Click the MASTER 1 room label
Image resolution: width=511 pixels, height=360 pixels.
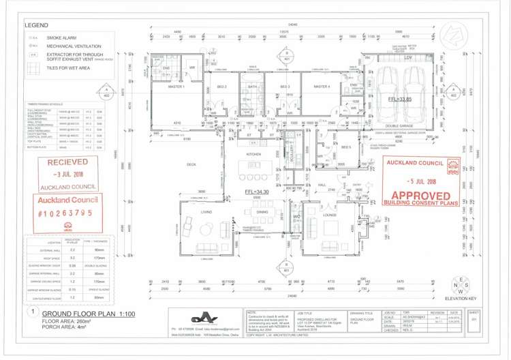pos(176,87)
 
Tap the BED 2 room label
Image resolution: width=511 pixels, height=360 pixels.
pos(221,87)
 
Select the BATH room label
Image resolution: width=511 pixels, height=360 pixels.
pos(252,87)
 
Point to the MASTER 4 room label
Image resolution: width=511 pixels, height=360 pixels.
pos(321,87)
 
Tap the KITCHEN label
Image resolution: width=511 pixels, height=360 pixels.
pos(254,155)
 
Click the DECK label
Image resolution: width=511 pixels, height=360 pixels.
pos(191,164)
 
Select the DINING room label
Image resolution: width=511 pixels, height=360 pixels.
pos(262,212)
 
